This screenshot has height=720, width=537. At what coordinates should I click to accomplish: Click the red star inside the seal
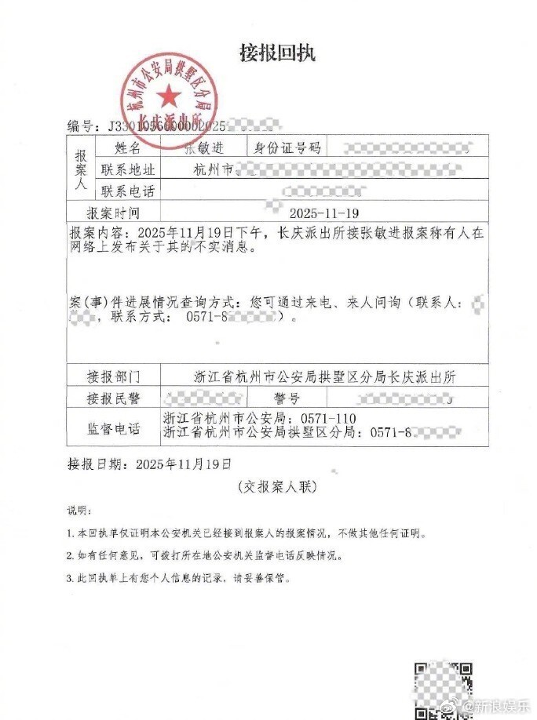(x=167, y=98)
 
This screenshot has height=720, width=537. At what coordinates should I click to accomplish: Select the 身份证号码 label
(x=283, y=147)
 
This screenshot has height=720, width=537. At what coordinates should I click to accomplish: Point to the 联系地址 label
(x=128, y=169)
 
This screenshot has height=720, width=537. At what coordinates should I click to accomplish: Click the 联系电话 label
(x=128, y=191)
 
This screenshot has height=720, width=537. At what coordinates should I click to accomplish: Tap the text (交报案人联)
(x=276, y=487)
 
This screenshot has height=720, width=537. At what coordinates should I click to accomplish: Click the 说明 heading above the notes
(x=79, y=511)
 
